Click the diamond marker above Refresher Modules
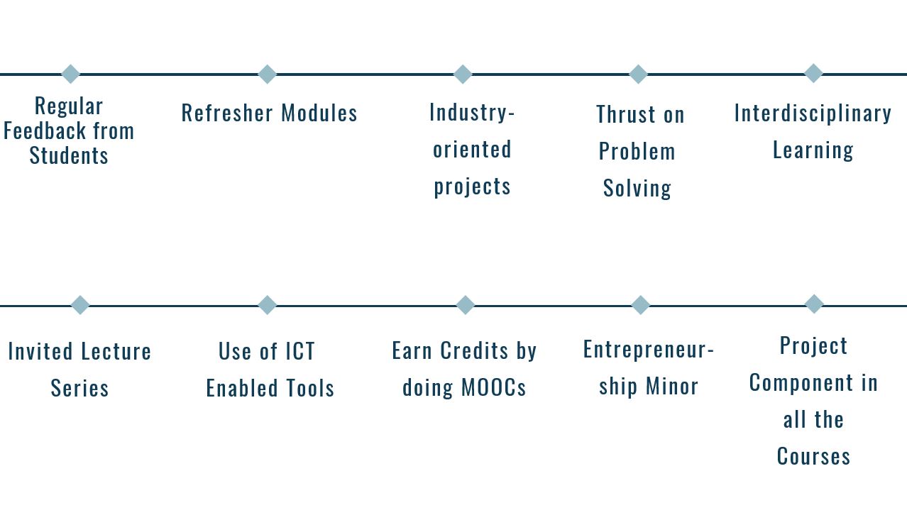click(268, 74)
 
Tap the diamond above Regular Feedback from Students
click(70, 74)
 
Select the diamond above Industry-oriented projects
click(463, 74)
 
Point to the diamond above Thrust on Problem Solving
click(638, 74)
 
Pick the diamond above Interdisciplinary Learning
click(813, 73)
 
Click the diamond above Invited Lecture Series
click(80, 305)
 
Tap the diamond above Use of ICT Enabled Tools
click(268, 305)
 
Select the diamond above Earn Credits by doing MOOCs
click(466, 305)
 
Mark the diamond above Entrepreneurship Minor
click(641, 305)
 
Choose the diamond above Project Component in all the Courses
click(814, 304)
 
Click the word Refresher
click(227, 113)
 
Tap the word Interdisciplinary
click(813, 113)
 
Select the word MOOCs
click(493, 387)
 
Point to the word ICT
click(300, 351)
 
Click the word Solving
click(637, 189)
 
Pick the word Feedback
click(45, 131)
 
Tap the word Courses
click(813, 456)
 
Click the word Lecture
click(116, 351)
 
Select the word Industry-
click(472, 113)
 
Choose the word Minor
click(672, 386)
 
